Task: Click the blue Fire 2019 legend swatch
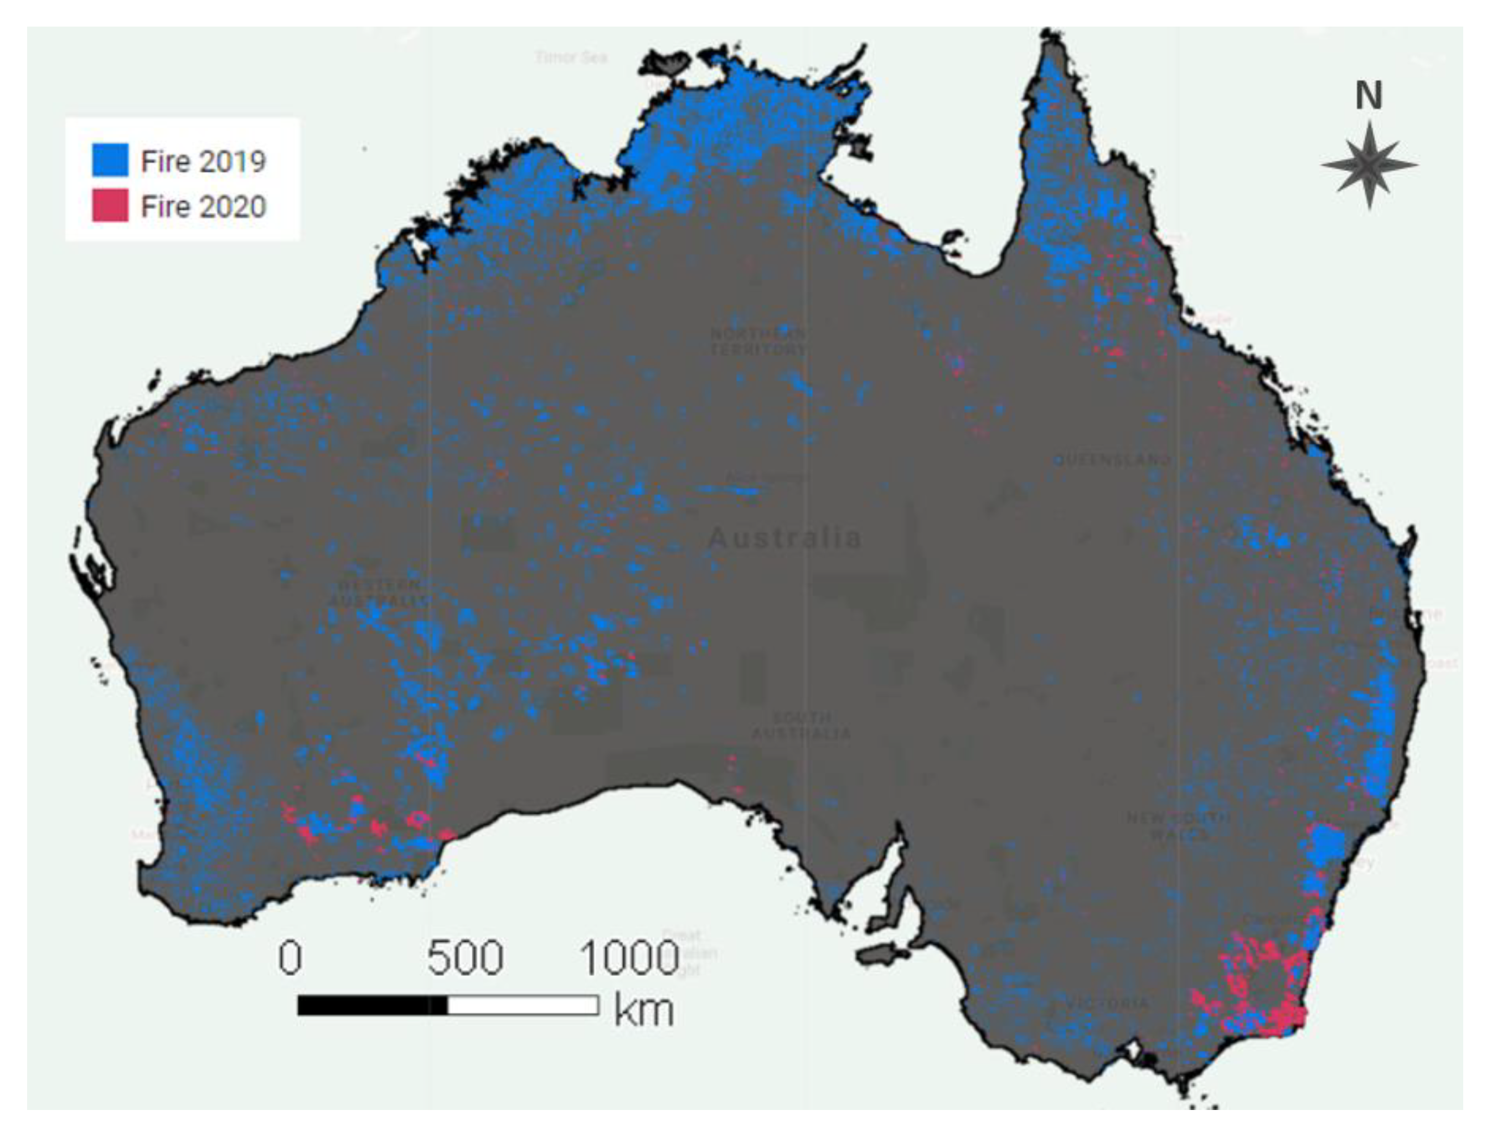pyautogui.click(x=110, y=160)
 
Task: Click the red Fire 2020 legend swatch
pyautogui.click(x=110, y=205)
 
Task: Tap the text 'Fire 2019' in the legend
pyautogui.click(x=203, y=161)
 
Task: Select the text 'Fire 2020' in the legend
pyautogui.click(x=203, y=206)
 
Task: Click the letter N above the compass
pyautogui.click(x=1369, y=96)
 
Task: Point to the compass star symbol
pyautogui.click(x=1369, y=165)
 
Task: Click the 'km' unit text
pyautogui.click(x=644, y=1010)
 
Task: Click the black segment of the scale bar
pyautogui.click(x=371, y=1005)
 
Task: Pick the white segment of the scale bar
pyautogui.click(x=522, y=1005)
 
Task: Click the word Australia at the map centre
pyautogui.click(x=784, y=538)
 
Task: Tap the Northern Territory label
pyautogui.click(x=757, y=342)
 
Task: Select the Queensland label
pyautogui.click(x=1112, y=460)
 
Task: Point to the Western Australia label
pyautogui.click(x=379, y=592)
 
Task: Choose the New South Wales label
pyautogui.click(x=1179, y=826)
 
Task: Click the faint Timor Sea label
pyautogui.click(x=571, y=58)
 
